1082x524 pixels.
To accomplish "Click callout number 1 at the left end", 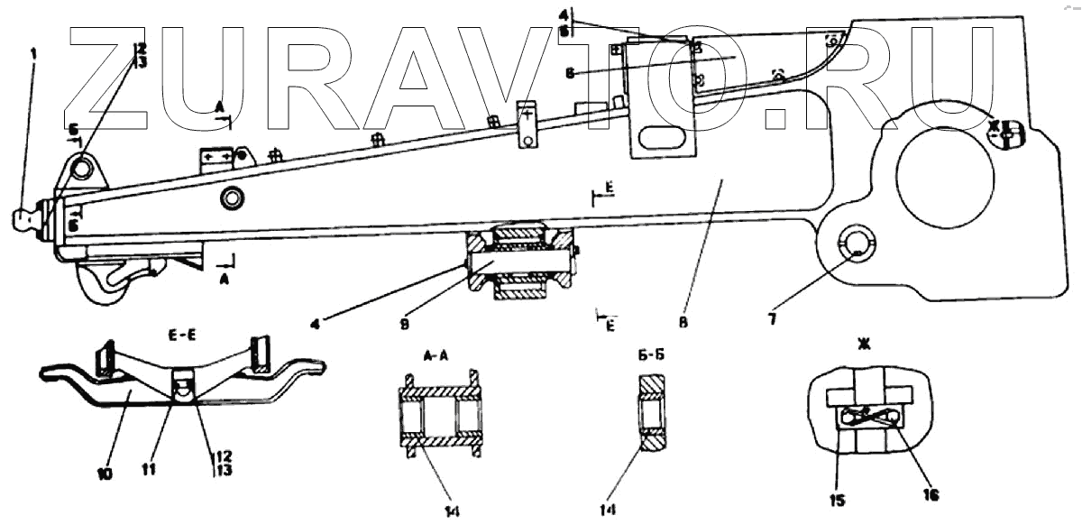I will coord(34,54).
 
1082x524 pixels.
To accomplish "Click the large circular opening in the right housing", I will coord(946,175).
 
